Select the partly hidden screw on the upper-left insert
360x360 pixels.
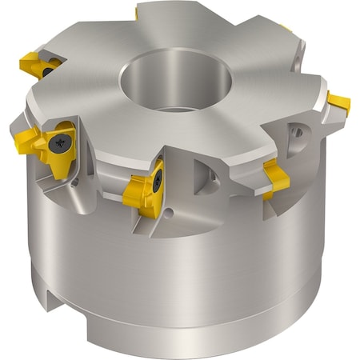[x=48, y=70]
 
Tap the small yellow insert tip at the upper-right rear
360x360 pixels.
[x=286, y=30]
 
